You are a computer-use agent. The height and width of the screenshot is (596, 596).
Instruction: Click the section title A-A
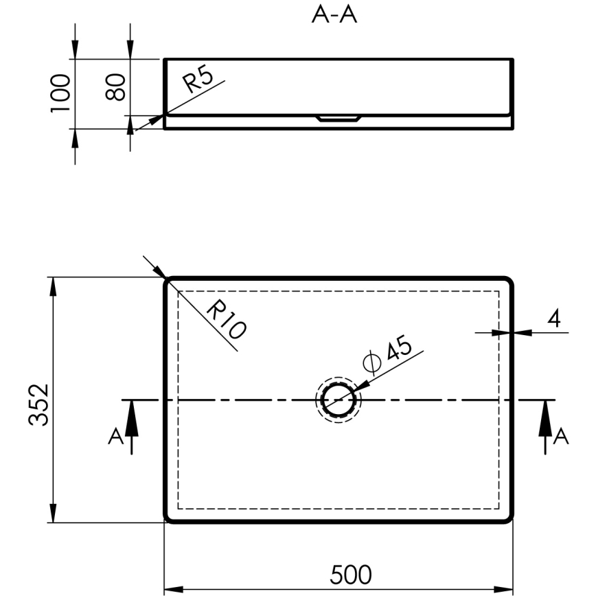pos(334,15)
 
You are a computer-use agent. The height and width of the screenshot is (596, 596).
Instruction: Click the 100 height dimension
pos(61,92)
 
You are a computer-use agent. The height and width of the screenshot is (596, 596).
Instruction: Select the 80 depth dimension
pos(116,87)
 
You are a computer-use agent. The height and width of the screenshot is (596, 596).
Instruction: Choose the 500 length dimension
pos(351,574)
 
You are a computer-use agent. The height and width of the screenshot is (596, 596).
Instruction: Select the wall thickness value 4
pos(553,318)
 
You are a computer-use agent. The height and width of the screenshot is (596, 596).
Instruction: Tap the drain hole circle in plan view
pos(338,400)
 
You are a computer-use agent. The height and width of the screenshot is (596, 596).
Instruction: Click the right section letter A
pos(561,437)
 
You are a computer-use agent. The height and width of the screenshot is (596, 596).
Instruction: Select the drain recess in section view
pos(338,119)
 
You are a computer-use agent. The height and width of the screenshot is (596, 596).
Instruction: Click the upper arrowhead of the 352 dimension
pos(53,286)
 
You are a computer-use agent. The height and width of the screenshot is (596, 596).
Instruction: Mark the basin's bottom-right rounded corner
pos(509,518)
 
